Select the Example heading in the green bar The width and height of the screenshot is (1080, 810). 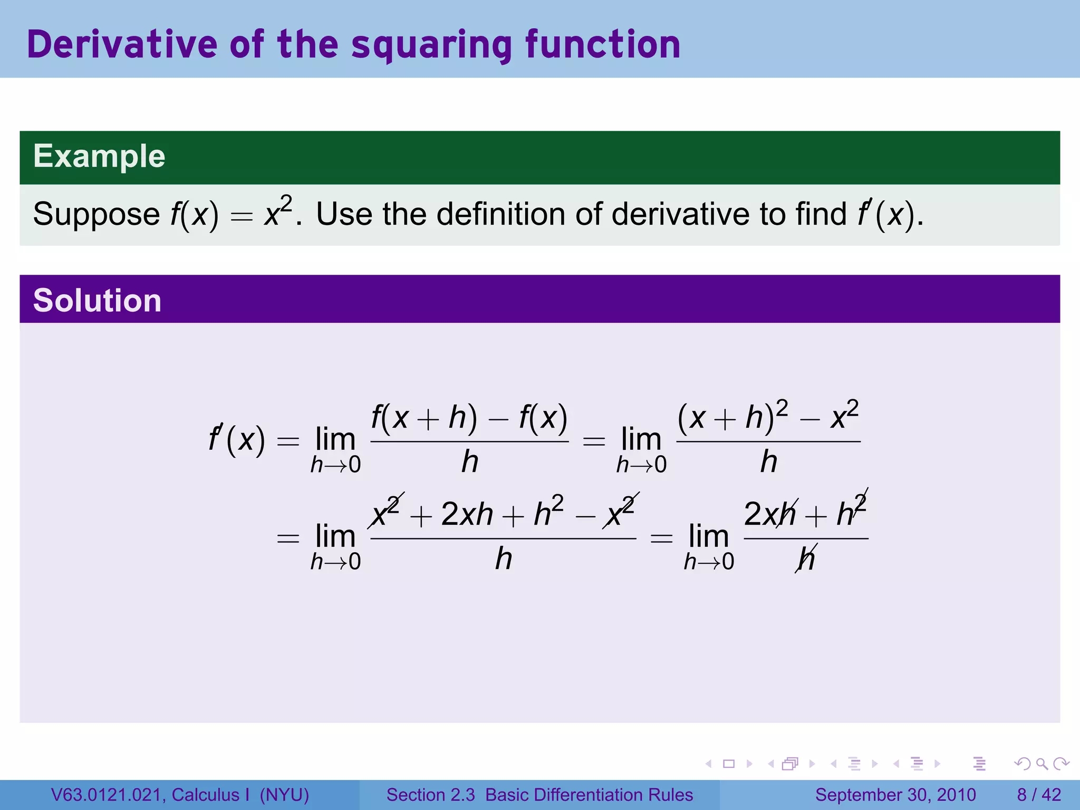click(x=99, y=156)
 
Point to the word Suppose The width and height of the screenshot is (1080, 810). click(x=96, y=215)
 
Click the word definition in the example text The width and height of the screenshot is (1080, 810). click(x=502, y=214)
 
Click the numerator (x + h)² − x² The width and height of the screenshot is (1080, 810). click(x=768, y=417)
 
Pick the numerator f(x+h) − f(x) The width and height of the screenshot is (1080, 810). click(x=469, y=418)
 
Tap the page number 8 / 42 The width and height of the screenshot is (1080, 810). click(x=1039, y=795)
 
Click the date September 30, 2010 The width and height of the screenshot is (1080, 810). click(x=895, y=795)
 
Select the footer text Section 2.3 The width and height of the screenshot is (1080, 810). click(x=430, y=795)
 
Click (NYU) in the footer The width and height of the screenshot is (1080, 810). click(x=284, y=795)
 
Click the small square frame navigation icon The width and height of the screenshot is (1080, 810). click(x=729, y=764)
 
